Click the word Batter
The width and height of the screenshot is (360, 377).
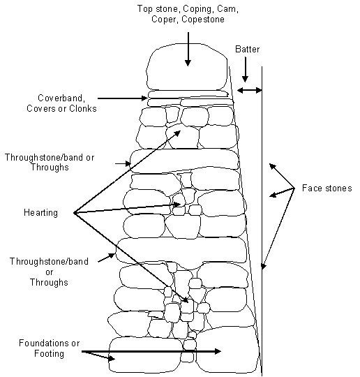click(247, 50)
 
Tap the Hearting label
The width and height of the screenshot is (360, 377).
click(40, 213)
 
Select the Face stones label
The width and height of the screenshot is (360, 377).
click(327, 188)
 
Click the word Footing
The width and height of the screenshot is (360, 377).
click(49, 354)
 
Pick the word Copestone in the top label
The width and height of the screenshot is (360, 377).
click(203, 20)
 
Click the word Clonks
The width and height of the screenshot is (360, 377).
click(83, 109)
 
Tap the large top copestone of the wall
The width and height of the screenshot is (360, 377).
click(187, 67)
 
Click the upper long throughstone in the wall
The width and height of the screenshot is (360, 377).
click(184, 161)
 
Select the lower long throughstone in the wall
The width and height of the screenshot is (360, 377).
click(181, 251)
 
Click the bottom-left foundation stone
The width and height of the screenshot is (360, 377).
click(146, 355)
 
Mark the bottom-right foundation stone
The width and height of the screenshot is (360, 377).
click(228, 350)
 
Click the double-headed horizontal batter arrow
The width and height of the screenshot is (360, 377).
click(249, 90)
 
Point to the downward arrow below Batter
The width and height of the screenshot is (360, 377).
click(245, 70)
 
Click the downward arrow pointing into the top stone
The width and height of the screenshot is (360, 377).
click(188, 49)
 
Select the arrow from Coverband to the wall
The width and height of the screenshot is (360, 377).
click(123, 98)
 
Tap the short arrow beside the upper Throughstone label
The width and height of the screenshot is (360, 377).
click(123, 164)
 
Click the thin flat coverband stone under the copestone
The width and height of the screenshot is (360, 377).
click(188, 94)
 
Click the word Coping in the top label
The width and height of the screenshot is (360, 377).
click(198, 9)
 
